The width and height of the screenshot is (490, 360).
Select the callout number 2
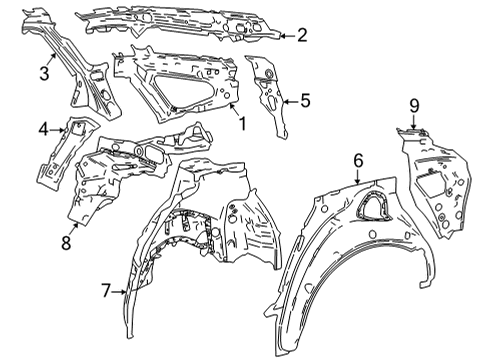302,36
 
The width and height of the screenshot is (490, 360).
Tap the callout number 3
43,72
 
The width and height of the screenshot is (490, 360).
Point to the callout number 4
43,128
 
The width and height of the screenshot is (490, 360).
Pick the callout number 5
306,99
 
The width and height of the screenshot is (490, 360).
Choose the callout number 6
358,158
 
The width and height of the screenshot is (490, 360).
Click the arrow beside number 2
284,36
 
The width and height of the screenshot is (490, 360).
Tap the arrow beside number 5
288,99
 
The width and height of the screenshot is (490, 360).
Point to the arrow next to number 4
60,128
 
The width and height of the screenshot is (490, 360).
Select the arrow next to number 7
120,292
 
